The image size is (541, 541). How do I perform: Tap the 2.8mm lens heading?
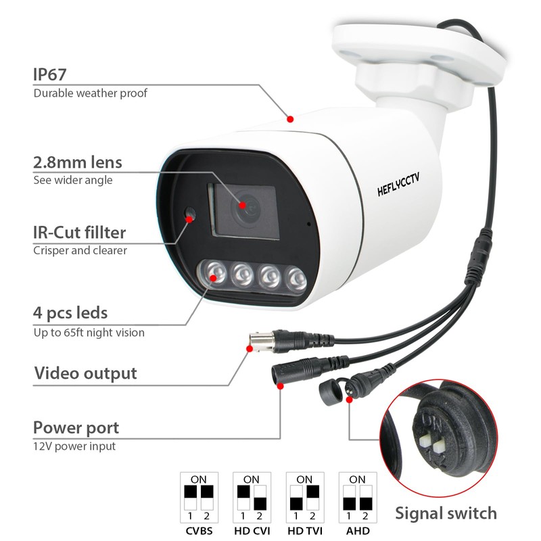pos(78,162)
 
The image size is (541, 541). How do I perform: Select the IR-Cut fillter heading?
pos(80,233)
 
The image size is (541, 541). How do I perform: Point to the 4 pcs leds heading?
pos(70,313)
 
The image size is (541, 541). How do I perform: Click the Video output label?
pos(85,373)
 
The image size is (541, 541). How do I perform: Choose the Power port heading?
pos(76,427)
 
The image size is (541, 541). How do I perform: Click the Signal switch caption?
pos(446,513)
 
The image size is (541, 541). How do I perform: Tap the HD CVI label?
pos(252,530)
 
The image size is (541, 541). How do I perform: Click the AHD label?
pos(358,530)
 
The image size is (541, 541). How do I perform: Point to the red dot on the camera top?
pos(290,119)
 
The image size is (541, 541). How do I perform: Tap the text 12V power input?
pos(74,446)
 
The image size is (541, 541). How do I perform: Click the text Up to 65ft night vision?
pos(89,332)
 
